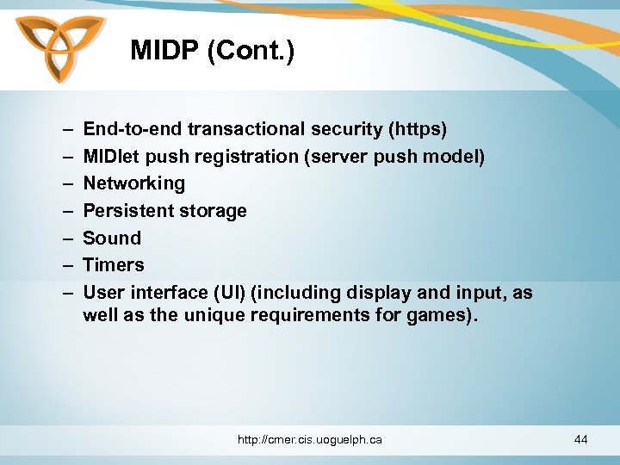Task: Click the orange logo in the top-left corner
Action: [59, 48]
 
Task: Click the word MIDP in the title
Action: [164, 51]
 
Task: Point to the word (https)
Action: [418, 129]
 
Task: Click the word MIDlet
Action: [112, 157]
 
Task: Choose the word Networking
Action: [133, 183]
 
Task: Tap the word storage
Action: [215, 211]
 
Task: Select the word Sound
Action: [112, 238]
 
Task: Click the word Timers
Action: [114, 264]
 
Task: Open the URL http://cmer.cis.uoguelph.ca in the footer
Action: [310, 440]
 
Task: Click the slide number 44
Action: [580, 440]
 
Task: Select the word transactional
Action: [243, 129]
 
